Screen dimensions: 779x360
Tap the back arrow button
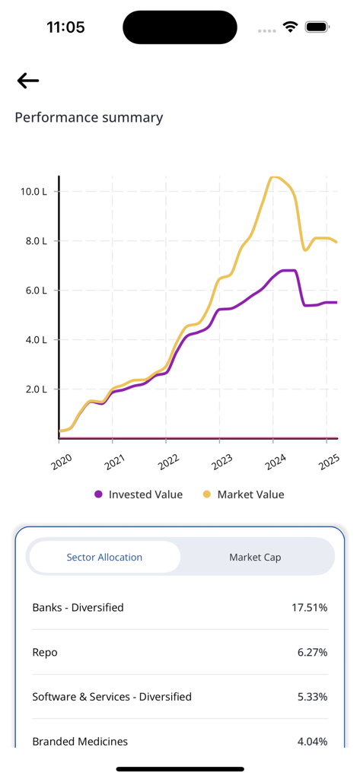(x=28, y=81)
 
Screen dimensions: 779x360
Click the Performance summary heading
(x=89, y=117)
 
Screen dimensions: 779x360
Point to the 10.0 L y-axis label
(x=34, y=192)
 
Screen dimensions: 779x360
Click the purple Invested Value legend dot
(x=98, y=494)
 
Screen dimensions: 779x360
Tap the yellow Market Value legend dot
(x=207, y=494)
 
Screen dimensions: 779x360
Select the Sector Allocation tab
(x=104, y=557)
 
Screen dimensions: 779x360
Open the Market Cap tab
(x=255, y=557)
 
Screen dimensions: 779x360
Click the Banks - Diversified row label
(x=78, y=607)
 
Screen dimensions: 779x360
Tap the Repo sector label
(x=45, y=652)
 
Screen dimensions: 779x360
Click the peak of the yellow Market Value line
(x=274, y=177)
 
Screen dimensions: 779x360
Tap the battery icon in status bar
(x=316, y=27)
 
